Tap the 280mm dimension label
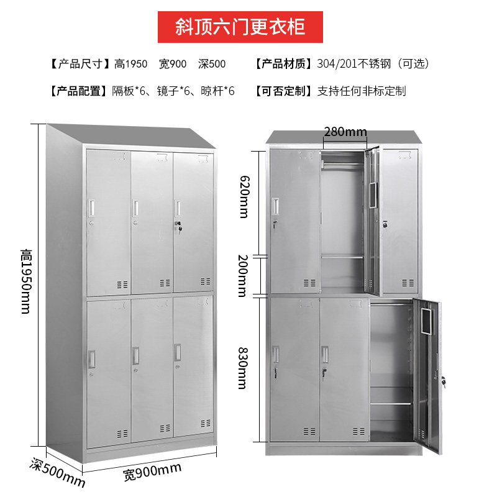(x=345, y=132)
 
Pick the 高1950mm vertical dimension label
(x=25, y=281)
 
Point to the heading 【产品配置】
(x=78, y=91)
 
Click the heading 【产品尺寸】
(x=78, y=63)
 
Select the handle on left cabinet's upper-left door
(x=91, y=206)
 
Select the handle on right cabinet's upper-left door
(x=275, y=205)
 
